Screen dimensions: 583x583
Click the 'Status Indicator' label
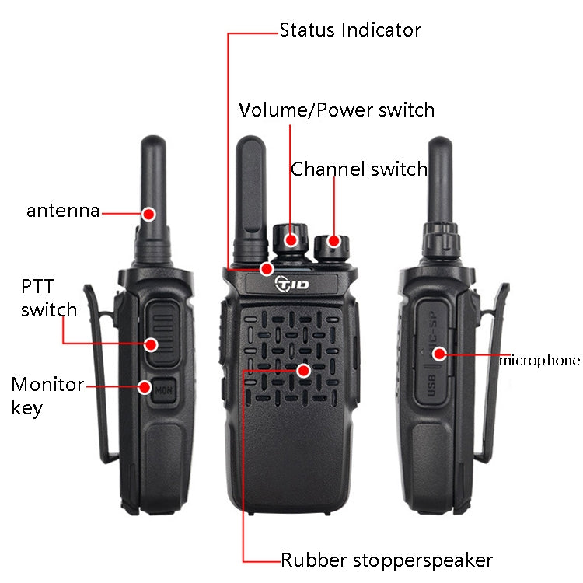[x=350, y=30]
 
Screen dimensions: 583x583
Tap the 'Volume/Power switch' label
[x=336, y=110]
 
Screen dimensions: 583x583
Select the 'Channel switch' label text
[x=359, y=169]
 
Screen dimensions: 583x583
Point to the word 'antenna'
[x=63, y=210]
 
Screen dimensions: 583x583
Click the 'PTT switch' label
[x=48, y=298]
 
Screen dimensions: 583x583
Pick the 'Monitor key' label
[x=47, y=395]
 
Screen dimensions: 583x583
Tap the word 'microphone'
[x=539, y=360]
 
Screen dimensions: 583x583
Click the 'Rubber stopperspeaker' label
[x=386, y=560]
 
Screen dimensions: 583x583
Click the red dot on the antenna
[x=148, y=212]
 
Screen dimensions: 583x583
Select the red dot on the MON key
[x=145, y=386]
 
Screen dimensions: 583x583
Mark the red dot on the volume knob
[x=291, y=239]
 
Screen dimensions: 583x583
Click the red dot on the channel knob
[x=333, y=240]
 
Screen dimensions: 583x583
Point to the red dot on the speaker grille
[x=304, y=371]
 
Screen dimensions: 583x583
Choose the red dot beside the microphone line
[x=439, y=354]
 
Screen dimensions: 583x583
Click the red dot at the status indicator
[x=267, y=268]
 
